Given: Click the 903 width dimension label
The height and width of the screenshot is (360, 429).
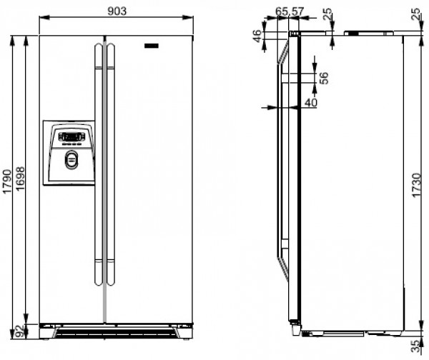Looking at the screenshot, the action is (117, 11).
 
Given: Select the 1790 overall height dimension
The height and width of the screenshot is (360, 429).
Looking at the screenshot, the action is (7, 181).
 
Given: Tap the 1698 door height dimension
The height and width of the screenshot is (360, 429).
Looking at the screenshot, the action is (20, 179).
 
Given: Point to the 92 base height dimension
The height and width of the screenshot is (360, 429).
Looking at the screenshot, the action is (20, 331).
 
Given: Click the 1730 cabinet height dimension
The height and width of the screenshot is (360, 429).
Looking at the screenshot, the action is (416, 185).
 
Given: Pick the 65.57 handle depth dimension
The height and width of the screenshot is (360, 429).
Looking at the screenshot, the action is (290, 11).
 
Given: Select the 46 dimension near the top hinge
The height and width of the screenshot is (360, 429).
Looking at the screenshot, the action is (257, 36).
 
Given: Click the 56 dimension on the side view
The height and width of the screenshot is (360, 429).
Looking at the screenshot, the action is (324, 78).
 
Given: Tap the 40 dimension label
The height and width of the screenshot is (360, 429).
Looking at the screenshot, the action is (311, 103).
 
